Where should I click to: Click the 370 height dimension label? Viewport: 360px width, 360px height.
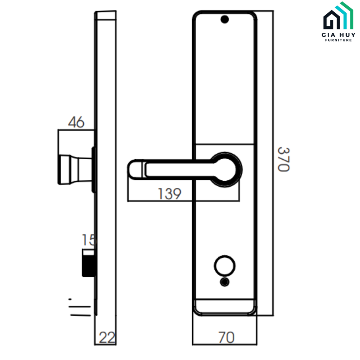point(283,159)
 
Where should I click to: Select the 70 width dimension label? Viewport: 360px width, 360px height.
point(226,337)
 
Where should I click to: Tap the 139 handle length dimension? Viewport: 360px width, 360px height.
point(169,194)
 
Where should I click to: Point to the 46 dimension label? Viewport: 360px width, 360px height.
point(76,122)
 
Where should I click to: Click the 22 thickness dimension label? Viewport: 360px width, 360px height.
point(107,338)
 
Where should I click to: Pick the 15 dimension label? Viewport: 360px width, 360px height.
point(89,240)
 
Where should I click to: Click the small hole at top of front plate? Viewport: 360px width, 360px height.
point(224,20)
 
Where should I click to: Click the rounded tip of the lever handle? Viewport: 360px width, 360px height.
point(135,169)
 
